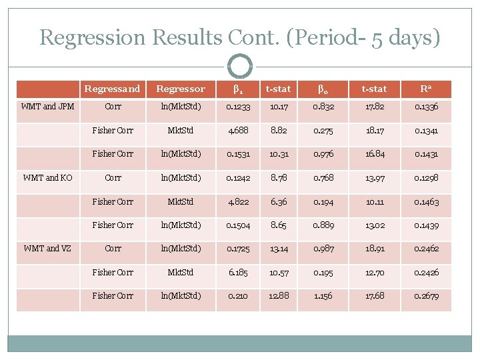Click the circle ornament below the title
(x=240, y=67)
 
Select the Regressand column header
(x=113, y=89)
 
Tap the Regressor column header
(x=180, y=89)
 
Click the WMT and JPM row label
(x=47, y=106)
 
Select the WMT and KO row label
(x=47, y=177)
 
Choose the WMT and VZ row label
(x=47, y=248)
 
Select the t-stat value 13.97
(x=375, y=177)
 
